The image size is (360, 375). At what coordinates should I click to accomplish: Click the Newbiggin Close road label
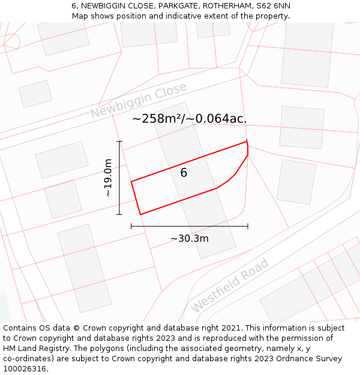click(x=139, y=101)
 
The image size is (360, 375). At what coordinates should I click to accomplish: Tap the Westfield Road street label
click(x=230, y=286)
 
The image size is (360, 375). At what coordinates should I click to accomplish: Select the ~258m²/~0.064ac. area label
click(x=189, y=119)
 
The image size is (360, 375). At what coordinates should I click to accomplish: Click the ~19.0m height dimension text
click(x=108, y=178)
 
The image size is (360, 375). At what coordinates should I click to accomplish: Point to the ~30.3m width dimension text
click(x=189, y=238)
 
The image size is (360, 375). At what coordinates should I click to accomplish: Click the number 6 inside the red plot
click(x=184, y=173)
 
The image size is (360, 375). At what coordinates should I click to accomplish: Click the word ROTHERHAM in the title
click(x=225, y=5)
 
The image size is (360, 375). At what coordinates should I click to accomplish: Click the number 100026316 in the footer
click(x=25, y=369)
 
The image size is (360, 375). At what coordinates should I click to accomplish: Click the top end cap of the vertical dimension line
click(x=119, y=142)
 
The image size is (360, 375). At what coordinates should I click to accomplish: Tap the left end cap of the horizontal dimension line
click(x=131, y=226)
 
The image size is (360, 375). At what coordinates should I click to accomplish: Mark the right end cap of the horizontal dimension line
click(x=248, y=226)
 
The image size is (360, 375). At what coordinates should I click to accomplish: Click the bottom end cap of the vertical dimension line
click(x=119, y=214)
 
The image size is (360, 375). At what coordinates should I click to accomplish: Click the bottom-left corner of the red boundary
click(x=140, y=214)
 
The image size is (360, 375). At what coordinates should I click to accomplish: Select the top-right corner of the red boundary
click(x=247, y=142)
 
